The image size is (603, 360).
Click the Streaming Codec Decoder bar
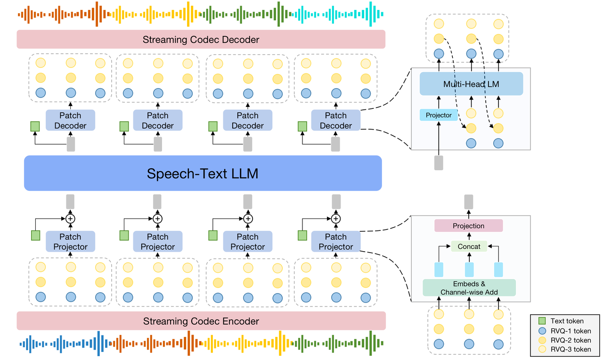pyautogui.click(x=201, y=40)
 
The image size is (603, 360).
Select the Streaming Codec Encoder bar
pyautogui.click(x=201, y=321)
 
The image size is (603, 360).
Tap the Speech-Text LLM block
pyautogui.click(x=203, y=173)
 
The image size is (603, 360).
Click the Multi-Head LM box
pyautogui.click(x=471, y=84)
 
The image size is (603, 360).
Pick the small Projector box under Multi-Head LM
pyautogui.click(x=439, y=115)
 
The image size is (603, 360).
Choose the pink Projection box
pyautogui.click(x=468, y=226)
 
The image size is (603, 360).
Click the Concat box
pyautogui.click(x=469, y=246)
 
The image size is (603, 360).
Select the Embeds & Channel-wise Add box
pyautogui.click(x=469, y=288)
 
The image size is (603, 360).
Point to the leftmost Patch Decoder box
pyautogui.click(x=70, y=121)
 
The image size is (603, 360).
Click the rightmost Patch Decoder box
pyautogui.click(x=335, y=121)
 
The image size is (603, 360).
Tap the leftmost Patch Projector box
pyautogui.click(x=70, y=242)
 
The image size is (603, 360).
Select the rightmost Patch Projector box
pyautogui.click(x=335, y=242)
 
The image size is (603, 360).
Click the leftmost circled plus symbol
pyautogui.click(x=70, y=219)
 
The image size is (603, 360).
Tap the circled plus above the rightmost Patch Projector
pyautogui.click(x=335, y=219)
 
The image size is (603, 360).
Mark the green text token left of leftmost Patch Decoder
pyautogui.click(x=35, y=126)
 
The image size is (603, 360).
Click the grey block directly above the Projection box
pyautogui.click(x=468, y=202)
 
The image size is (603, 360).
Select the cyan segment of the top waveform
pyautogui.click(x=339, y=14)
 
